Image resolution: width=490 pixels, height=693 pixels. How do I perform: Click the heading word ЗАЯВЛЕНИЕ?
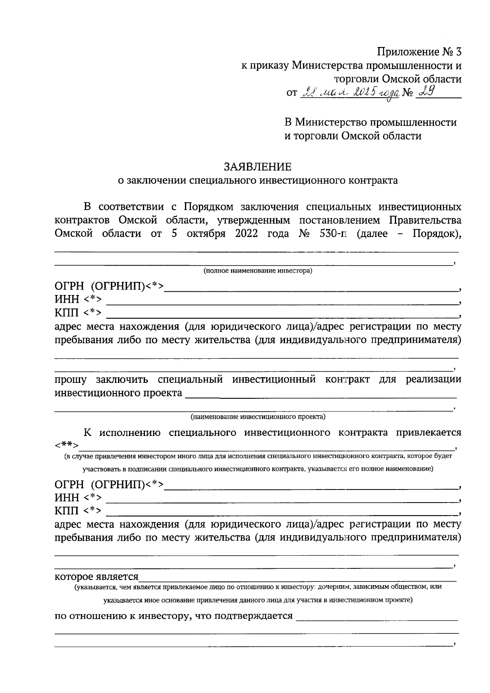point(257,167)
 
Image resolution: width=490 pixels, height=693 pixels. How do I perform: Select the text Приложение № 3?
point(419,52)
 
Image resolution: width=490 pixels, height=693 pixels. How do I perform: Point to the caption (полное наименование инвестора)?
point(258,271)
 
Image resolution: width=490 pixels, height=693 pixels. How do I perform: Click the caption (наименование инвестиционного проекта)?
point(258,417)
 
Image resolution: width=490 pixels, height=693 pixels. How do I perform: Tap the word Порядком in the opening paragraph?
point(207,206)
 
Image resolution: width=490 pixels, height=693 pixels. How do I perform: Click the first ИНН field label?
point(67,300)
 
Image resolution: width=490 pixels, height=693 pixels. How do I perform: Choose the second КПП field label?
point(67,511)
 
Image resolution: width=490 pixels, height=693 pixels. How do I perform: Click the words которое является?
point(97,577)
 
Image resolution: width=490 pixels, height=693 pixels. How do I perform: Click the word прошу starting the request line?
point(71,380)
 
